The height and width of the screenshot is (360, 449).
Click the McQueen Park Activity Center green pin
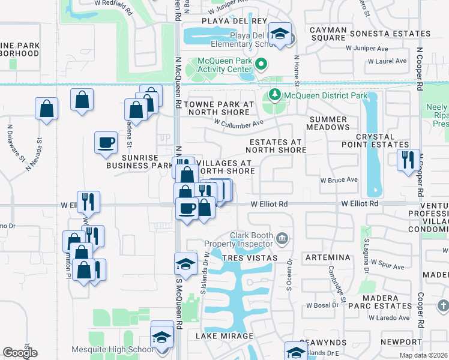click(261, 64)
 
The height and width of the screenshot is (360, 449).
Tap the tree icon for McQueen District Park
click(274, 95)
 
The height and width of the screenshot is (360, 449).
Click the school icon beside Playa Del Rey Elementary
click(280, 34)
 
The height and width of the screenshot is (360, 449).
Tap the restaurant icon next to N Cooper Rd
click(408, 160)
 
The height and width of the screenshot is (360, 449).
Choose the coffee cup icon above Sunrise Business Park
click(106, 143)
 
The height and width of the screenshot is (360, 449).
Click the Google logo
click(20, 353)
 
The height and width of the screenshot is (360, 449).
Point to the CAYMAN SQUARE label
click(328, 34)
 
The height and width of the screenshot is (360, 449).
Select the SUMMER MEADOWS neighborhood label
click(328, 123)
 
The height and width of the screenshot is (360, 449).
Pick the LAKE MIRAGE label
click(224, 336)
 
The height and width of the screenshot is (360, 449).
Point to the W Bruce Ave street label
click(339, 179)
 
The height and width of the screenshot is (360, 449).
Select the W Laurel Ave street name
click(387, 61)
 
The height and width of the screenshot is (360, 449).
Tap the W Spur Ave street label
click(388, 263)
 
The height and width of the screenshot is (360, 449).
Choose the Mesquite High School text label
click(121, 350)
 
